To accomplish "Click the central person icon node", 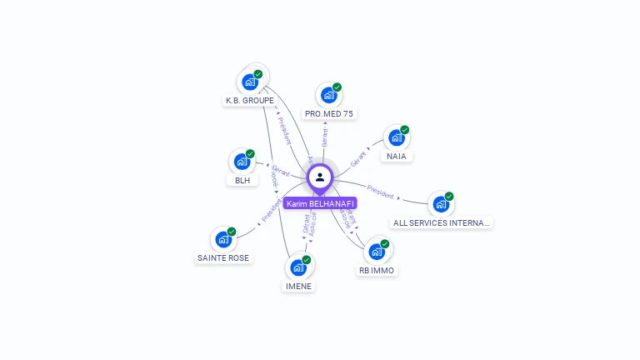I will tap(320, 177).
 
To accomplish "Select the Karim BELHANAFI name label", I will tap(320, 203).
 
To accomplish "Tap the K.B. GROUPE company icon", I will tap(249, 82).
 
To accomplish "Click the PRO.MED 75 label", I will tap(329, 113).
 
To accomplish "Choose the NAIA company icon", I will tap(396, 137).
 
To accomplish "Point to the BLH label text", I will tap(242, 180).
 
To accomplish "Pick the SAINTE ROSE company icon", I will tap(222, 239).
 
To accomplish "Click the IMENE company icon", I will tap(298, 267).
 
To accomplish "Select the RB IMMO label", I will tap(377, 270).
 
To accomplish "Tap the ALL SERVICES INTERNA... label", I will tap(442, 222).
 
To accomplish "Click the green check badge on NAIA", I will tap(405, 130).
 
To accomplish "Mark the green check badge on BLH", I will tap(250, 153).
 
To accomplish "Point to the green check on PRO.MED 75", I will tap(337, 87).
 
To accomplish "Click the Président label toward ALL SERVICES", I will tap(380, 193).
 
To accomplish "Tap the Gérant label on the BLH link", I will tap(280, 170).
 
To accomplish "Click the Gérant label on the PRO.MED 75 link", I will tap(324, 137).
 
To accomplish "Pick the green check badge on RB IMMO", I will tap(385, 244).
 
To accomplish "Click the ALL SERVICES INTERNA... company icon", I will tap(440, 204).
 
